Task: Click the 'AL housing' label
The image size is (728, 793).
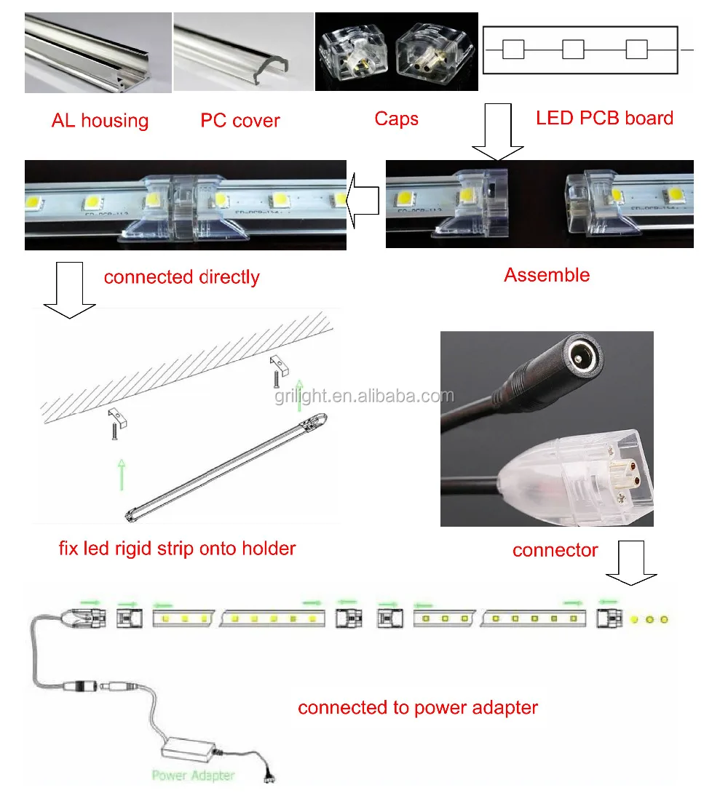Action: pos(100,121)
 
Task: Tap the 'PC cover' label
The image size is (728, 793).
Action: pos(240,121)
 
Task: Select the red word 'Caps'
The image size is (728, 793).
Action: pos(396,119)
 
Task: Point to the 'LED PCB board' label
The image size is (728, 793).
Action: pos(604,118)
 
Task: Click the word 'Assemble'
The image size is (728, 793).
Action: pos(547,275)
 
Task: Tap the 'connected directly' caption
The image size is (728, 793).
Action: pos(181,277)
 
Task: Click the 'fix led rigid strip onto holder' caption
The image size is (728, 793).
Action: pos(177,548)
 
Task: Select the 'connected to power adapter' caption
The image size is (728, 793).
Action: pos(418,707)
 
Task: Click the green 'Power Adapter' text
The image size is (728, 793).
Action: pos(192,776)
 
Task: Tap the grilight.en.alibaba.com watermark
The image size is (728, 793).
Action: pos(364,396)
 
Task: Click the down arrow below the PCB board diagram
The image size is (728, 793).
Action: pos(497,131)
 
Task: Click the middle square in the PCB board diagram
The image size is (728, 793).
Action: pos(574,49)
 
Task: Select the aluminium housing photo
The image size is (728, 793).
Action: pos(98,52)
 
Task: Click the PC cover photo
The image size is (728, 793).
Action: pos(242,52)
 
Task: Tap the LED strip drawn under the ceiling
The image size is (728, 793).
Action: pos(226,470)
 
